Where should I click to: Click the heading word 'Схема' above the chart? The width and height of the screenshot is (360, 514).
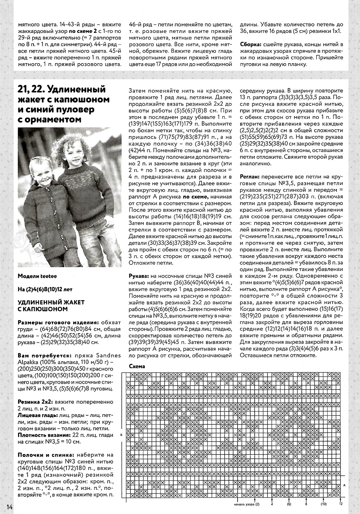(137, 366)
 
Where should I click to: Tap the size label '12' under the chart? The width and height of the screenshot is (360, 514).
(341, 504)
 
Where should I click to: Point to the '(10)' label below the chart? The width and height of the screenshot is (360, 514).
(323, 504)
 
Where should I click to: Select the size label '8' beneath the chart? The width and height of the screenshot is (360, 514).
(306, 504)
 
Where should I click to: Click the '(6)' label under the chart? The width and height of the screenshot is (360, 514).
(289, 504)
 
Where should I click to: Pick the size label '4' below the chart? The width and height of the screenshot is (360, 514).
(272, 504)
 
